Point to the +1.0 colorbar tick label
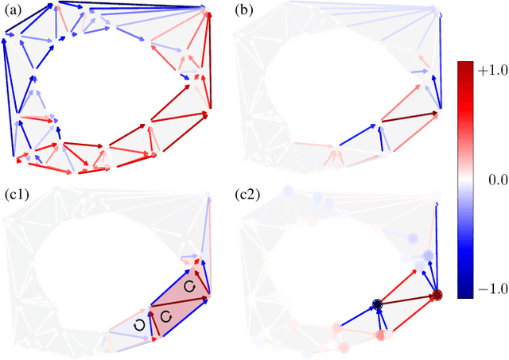pyautogui.click(x=487, y=69)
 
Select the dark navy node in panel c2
pyautogui.click(x=378, y=304)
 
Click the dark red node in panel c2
pyautogui.click(x=437, y=296)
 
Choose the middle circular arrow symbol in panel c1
pyautogui.click(x=165, y=316)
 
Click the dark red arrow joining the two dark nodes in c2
pyautogui.click(x=407, y=300)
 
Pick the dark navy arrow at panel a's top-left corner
pyautogui.click(x=29, y=19)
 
